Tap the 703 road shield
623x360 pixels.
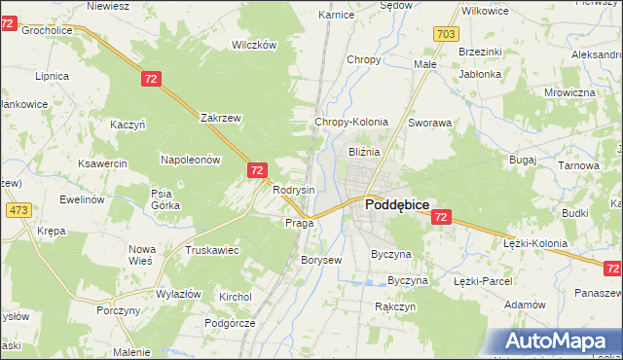(x=446, y=35)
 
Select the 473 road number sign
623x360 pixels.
(x=18, y=209)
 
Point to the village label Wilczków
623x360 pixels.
(x=254, y=45)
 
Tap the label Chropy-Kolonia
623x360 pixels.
(x=350, y=123)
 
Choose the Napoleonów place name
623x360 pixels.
(x=191, y=159)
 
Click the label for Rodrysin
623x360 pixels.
(x=293, y=190)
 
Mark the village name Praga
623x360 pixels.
(x=299, y=223)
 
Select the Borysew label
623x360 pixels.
(x=321, y=261)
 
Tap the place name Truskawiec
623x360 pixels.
(x=211, y=250)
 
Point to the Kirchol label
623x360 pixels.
(x=236, y=297)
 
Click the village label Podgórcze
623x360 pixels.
(x=230, y=322)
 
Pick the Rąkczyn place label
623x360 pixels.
(x=396, y=306)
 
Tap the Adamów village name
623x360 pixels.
(x=526, y=305)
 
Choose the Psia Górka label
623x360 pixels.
(x=162, y=199)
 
